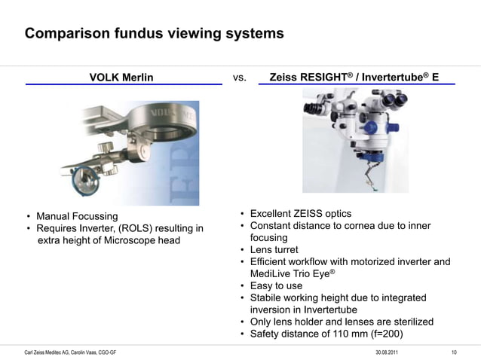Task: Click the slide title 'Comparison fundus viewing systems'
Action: (x=154, y=34)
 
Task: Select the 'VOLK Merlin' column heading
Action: (x=121, y=77)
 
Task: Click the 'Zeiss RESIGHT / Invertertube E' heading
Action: (x=354, y=77)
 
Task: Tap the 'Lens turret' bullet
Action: (x=274, y=250)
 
